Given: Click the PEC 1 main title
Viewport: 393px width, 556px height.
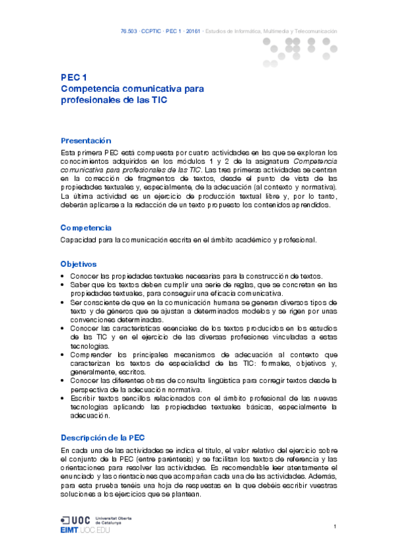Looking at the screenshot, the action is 74,77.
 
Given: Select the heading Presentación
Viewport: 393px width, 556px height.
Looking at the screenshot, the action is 85,141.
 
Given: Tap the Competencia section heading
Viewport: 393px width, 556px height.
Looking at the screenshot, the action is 86,228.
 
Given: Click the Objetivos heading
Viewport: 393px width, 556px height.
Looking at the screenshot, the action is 79,264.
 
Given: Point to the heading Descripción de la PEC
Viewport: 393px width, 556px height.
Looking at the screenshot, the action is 103,437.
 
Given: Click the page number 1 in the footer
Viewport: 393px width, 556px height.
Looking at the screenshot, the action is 335,527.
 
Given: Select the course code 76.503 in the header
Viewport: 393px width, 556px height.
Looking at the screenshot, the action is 129,31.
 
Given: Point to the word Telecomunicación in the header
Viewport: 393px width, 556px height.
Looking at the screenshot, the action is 317,31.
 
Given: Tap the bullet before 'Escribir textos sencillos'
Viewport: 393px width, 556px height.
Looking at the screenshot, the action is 62,398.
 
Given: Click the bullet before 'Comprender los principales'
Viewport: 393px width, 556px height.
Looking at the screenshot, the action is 62,355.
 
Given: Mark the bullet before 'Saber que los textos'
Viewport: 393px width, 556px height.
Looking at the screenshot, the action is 62,285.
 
